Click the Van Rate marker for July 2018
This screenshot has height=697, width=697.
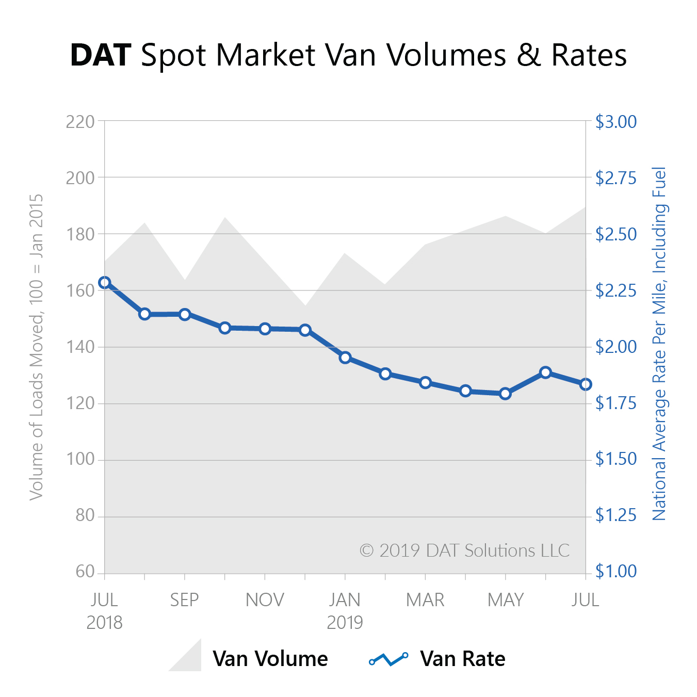click(x=105, y=282)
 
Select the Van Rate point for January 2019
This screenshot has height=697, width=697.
click(x=345, y=358)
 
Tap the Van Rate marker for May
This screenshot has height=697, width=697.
click(x=506, y=394)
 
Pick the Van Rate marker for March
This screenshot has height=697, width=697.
click(x=426, y=382)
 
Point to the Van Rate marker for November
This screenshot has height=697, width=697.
click(x=265, y=329)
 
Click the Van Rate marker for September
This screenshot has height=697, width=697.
click(x=185, y=314)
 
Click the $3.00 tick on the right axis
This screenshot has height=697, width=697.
click(x=616, y=122)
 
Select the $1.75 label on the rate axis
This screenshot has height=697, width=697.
click(x=616, y=403)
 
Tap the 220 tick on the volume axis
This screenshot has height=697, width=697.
click(x=80, y=122)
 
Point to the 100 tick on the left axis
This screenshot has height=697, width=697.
click(x=80, y=459)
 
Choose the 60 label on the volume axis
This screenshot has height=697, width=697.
click(x=85, y=572)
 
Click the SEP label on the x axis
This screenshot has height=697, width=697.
click(x=184, y=600)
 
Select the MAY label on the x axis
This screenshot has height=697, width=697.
click(x=506, y=600)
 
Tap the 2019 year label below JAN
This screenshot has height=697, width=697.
click(x=345, y=623)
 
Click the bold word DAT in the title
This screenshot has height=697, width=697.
click(x=101, y=55)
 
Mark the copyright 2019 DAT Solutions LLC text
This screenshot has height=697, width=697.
click(x=464, y=550)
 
